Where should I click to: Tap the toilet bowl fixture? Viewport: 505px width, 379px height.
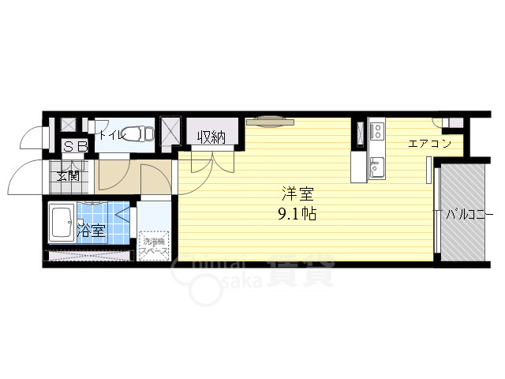pyautogui.click(x=140, y=132)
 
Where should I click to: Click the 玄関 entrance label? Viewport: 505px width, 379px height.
pyautogui.click(x=68, y=174)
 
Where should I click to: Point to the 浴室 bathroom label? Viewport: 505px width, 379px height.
pyautogui.click(x=92, y=231)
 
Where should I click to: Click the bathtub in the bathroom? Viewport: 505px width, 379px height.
pyautogui.click(x=62, y=223)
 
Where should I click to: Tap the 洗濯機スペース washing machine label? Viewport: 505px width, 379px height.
pyautogui.click(x=154, y=245)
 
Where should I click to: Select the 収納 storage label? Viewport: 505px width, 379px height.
pyautogui.click(x=211, y=137)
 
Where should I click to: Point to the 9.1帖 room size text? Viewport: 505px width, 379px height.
pyautogui.click(x=297, y=213)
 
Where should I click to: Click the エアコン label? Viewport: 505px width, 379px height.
pyautogui.click(x=429, y=144)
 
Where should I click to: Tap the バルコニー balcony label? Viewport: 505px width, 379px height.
pyautogui.click(x=469, y=214)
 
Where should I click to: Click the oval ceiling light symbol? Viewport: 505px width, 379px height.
pyautogui.click(x=269, y=122)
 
